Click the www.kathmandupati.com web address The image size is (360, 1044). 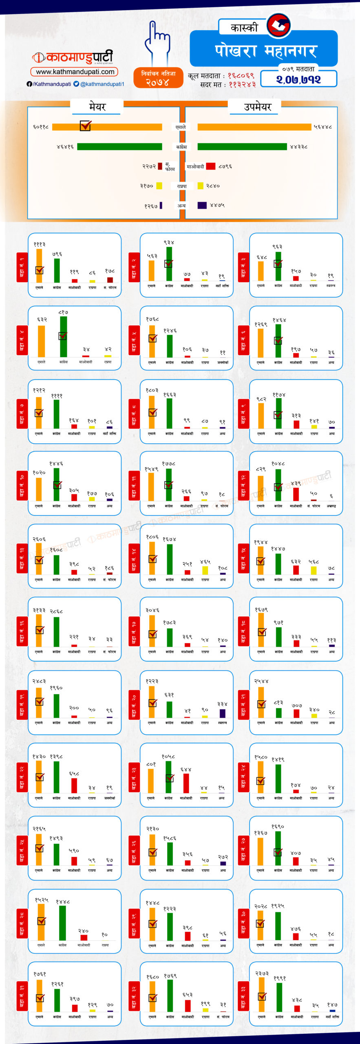pos(75,72)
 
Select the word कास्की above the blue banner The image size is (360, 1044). pos(244,28)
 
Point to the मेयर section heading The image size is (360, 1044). pos(97,107)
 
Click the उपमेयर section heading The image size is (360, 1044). pos(257,107)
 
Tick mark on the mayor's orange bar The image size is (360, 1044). pos(85,126)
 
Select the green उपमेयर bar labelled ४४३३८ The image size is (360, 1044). pos(242,146)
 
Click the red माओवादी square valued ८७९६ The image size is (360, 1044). pos(210,166)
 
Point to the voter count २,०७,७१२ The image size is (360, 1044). pos(298,80)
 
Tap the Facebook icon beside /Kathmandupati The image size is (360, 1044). pos(29,84)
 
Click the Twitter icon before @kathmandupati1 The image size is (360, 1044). pos(76,84)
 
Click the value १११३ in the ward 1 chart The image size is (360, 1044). pos(40,244)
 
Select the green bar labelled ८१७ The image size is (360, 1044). pos(63,336)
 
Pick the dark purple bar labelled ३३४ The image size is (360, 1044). pos(222,713)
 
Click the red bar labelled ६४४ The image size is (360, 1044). pos(186,783)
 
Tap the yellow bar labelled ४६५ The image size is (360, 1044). pos(205,570)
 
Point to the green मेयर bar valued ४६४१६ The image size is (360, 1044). pos(119,146)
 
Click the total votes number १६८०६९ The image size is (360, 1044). pos(241,76)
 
